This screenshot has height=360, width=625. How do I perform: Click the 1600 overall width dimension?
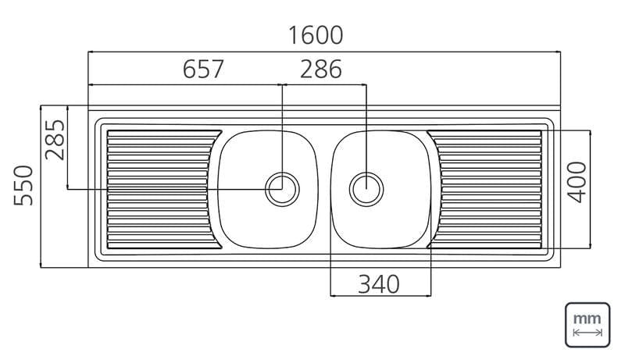click(316, 35)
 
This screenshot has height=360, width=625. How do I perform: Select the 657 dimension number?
click(203, 69)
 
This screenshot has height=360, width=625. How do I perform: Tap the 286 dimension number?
click(321, 69)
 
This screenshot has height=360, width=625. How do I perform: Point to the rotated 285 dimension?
click(55, 140)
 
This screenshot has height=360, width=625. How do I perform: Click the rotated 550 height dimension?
click(23, 186)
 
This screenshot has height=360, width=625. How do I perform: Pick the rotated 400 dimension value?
click(577, 183)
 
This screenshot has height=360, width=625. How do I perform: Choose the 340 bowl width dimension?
click(379, 284)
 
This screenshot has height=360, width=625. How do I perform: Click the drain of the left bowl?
click(282, 189)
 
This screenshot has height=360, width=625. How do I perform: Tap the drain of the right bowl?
click(366, 189)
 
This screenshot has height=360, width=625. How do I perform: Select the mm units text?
click(587, 319)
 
